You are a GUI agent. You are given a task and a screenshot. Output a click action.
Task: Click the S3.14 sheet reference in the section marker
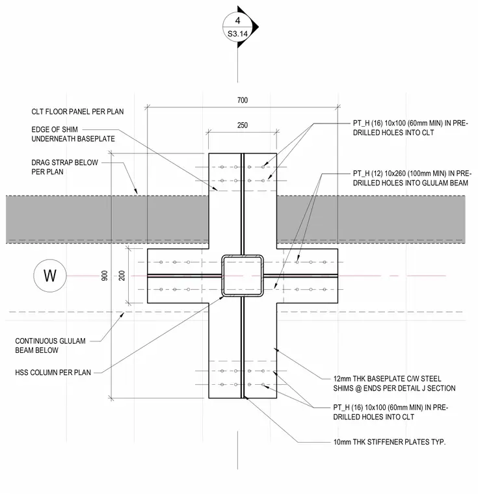click(x=237, y=34)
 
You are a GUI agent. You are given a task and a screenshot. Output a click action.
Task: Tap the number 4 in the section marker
click(x=237, y=21)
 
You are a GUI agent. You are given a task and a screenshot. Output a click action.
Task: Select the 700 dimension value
click(x=243, y=100)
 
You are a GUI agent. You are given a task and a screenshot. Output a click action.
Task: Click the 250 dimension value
click(x=243, y=125)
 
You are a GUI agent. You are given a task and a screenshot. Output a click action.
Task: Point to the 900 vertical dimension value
click(x=104, y=276)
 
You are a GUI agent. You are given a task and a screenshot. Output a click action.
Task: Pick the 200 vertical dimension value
click(x=122, y=276)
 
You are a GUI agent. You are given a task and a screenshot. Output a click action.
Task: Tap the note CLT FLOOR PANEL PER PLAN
click(x=77, y=112)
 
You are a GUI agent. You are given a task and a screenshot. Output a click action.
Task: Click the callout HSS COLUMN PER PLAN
click(x=53, y=372)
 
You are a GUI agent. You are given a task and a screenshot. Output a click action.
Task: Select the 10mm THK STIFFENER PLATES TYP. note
click(x=390, y=442)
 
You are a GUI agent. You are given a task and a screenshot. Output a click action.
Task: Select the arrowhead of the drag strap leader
click(x=136, y=192)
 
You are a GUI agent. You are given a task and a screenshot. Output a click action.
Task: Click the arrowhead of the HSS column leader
click(x=222, y=297)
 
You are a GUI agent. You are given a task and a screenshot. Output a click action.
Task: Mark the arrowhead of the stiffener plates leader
click(x=246, y=398)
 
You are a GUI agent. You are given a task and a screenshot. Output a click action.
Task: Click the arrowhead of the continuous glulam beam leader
click(x=122, y=314)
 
